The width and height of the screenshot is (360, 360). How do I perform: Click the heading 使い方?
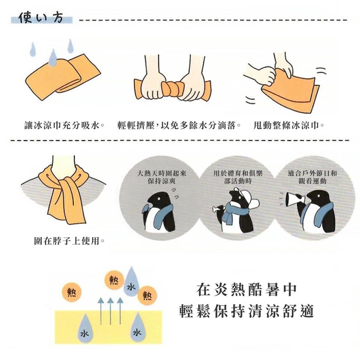(x=41, y=18)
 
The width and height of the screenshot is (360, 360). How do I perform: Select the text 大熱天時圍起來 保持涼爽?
(x=162, y=177)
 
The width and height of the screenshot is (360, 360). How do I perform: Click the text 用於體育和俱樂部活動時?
(x=238, y=177)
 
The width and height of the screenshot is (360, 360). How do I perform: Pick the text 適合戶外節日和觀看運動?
(x=312, y=177)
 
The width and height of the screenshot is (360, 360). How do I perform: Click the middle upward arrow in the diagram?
(x=110, y=311)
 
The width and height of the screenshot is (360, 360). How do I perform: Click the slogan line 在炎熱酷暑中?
(x=247, y=290)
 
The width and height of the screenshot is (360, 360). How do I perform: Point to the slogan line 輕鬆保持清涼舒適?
(x=247, y=312)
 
